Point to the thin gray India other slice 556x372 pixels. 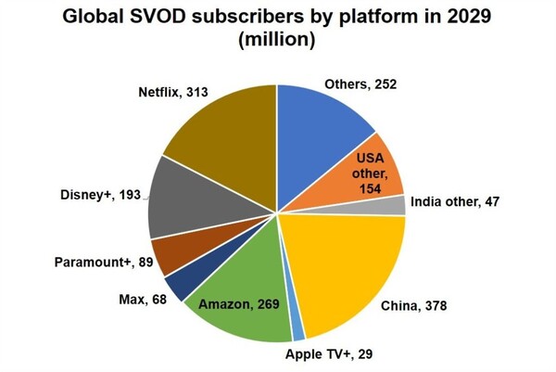pos(397,205)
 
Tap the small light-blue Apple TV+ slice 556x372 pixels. pos(298,327)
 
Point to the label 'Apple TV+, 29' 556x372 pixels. pos(328,354)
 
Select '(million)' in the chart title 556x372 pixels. pos(279,41)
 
